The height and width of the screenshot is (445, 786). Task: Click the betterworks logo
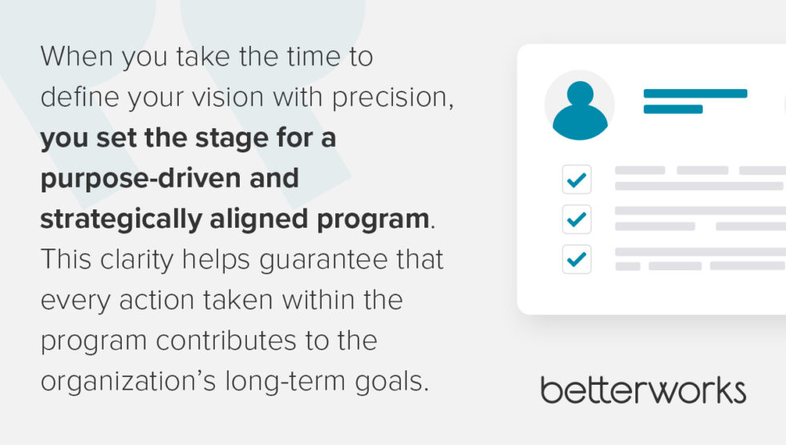point(643,390)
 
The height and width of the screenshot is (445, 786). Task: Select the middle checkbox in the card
point(577,219)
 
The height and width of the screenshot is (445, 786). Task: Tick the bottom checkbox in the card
point(577,259)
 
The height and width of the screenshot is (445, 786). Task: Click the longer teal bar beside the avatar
point(695,94)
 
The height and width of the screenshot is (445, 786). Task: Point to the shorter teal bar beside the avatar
point(672,109)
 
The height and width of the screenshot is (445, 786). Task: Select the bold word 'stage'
point(221,138)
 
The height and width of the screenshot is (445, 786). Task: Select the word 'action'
point(151,301)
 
